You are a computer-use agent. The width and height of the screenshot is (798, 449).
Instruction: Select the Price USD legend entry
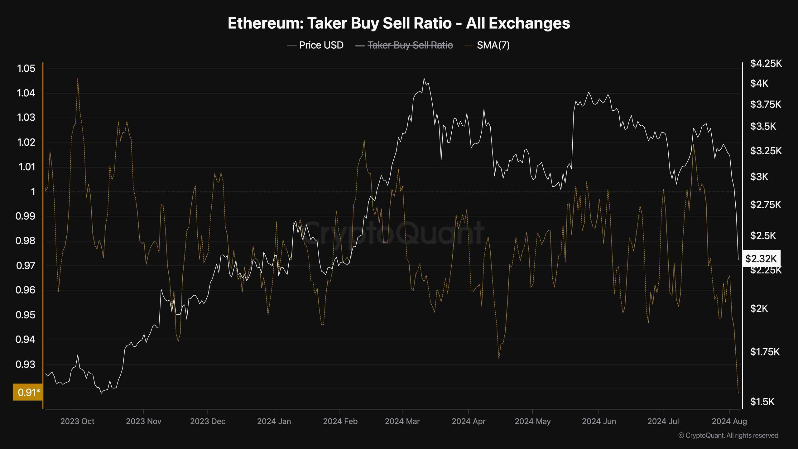(x=315, y=45)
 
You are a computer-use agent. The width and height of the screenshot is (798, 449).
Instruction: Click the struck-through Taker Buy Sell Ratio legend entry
(x=404, y=45)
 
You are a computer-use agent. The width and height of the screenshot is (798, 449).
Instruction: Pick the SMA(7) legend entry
(x=487, y=45)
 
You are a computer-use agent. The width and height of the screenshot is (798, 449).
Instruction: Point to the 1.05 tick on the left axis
(x=26, y=69)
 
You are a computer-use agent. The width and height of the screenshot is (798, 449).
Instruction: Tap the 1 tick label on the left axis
(x=33, y=191)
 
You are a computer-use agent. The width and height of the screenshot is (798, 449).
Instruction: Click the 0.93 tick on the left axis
(x=26, y=364)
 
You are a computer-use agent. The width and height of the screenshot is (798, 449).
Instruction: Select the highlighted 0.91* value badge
(x=27, y=392)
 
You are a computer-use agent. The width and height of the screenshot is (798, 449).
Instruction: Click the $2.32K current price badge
(x=761, y=258)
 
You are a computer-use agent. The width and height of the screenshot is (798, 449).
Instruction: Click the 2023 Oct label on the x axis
(x=77, y=421)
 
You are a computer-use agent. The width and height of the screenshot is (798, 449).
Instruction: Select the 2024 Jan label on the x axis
(x=274, y=421)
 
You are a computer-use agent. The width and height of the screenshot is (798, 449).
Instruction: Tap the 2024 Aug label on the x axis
(x=729, y=421)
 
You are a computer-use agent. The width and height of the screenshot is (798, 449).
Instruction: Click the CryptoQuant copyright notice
(x=728, y=435)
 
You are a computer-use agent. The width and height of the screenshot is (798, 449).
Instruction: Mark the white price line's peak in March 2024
(x=424, y=78)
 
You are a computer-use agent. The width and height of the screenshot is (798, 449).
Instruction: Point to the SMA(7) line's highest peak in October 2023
(x=78, y=78)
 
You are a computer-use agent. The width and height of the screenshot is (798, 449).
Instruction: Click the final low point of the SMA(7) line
(x=738, y=393)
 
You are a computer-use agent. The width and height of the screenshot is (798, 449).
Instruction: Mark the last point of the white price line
(x=738, y=259)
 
